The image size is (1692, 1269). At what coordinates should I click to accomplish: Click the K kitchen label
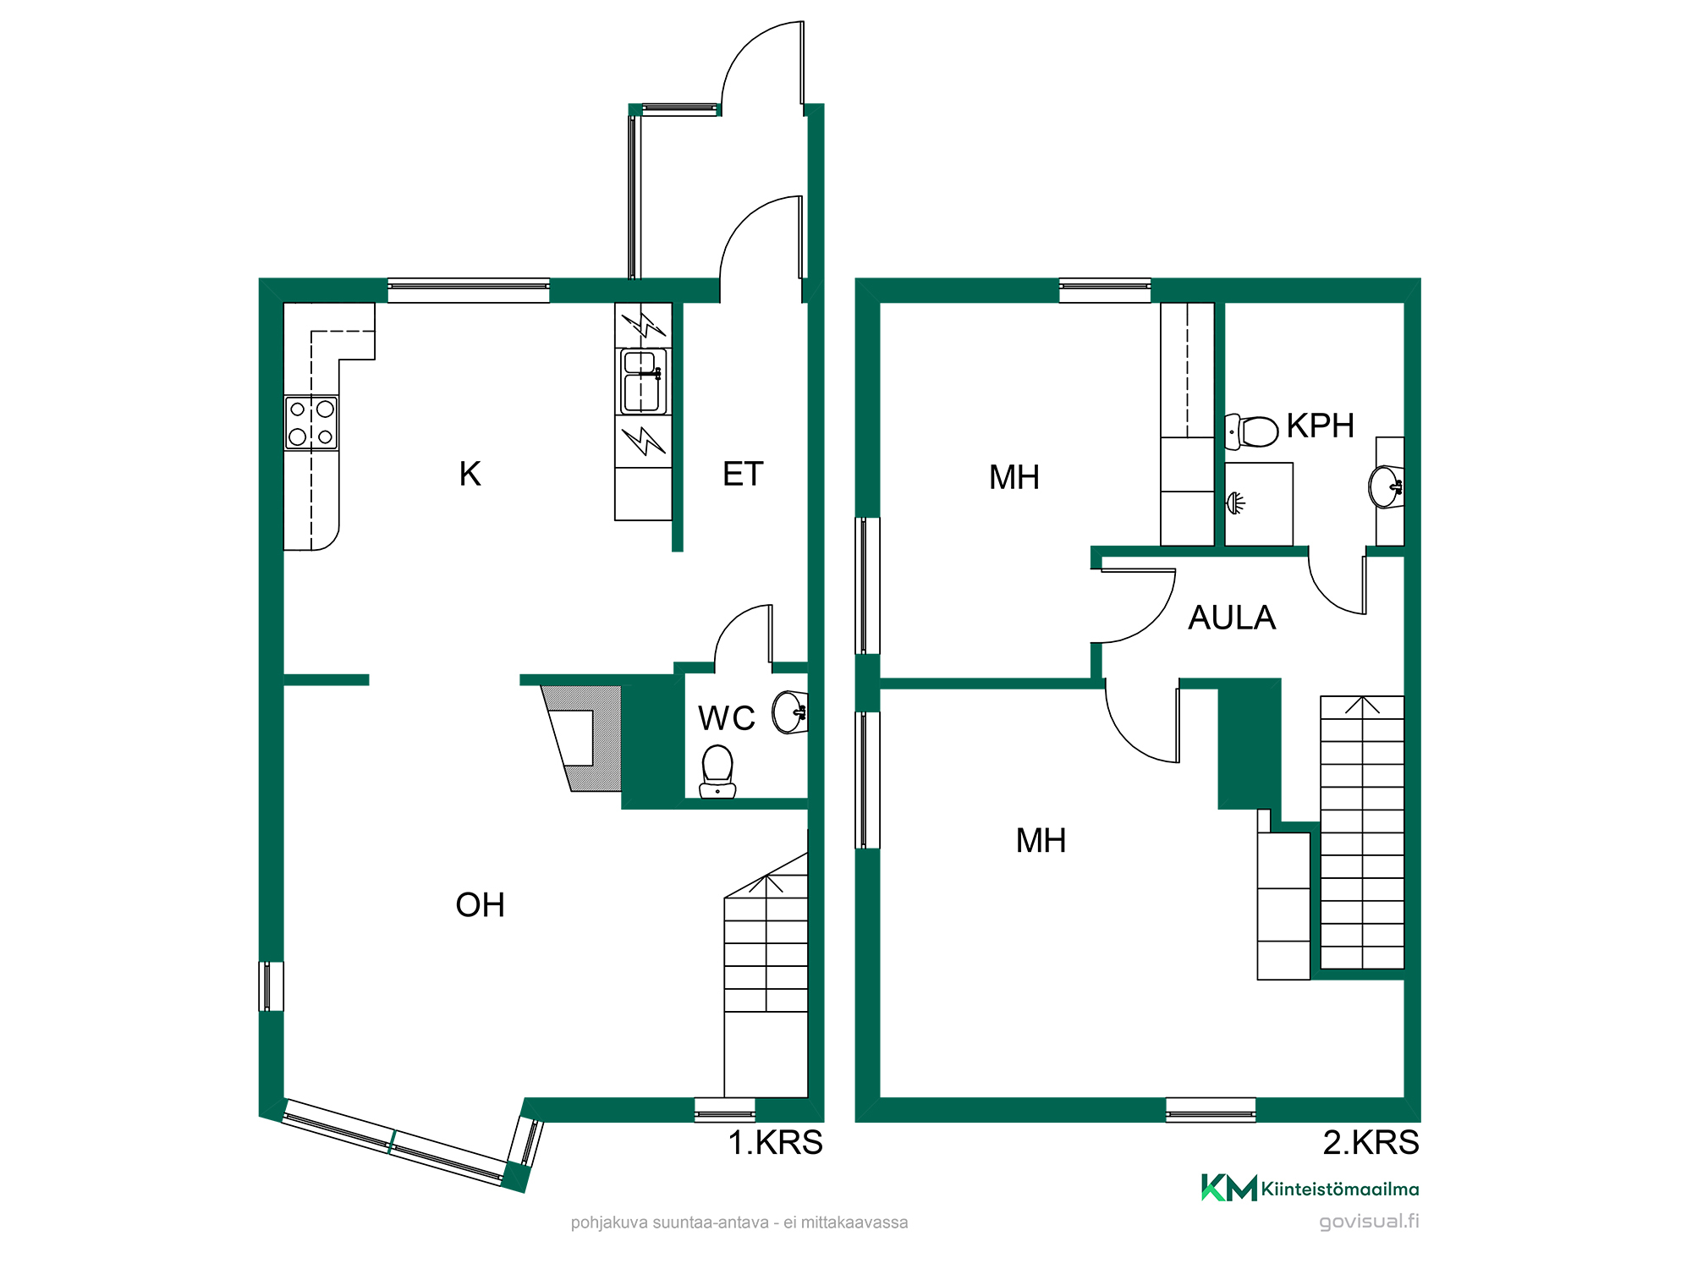(x=470, y=474)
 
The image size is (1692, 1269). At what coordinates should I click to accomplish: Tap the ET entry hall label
(x=743, y=474)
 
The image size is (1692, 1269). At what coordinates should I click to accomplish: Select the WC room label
(x=726, y=718)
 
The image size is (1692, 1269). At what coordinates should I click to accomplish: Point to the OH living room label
(x=480, y=905)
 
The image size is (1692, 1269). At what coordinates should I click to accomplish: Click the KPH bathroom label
(x=1321, y=426)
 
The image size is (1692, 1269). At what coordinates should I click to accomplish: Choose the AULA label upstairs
(x=1232, y=618)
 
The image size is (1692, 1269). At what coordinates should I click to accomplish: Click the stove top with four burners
(x=311, y=423)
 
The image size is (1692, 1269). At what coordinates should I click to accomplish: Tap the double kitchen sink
(x=643, y=382)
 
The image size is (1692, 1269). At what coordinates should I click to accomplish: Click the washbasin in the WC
(x=790, y=712)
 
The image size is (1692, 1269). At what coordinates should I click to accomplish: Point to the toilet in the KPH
(x=1251, y=431)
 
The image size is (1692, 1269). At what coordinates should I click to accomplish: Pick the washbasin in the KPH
(x=1386, y=486)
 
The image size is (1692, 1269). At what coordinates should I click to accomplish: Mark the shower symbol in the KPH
(x=1236, y=503)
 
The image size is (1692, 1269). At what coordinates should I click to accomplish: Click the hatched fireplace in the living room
(x=581, y=738)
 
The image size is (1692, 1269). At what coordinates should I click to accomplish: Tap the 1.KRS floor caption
(x=775, y=1143)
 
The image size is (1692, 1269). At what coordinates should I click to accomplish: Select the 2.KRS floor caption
(x=1371, y=1143)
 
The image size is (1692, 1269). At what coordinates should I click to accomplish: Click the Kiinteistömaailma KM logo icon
(x=1228, y=1188)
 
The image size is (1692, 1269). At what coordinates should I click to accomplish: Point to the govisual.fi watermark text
(x=1369, y=1222)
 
